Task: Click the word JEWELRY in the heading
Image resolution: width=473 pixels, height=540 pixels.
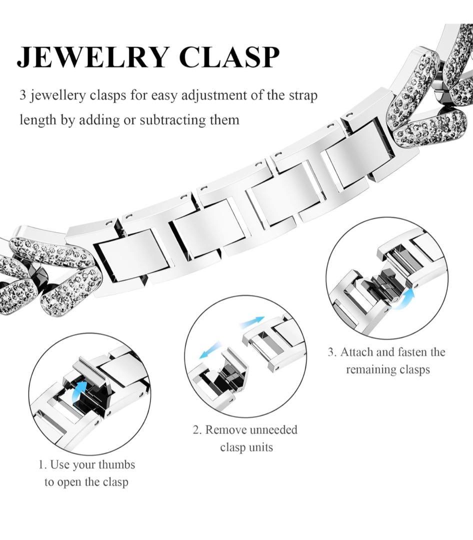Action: click(x=93, y=57)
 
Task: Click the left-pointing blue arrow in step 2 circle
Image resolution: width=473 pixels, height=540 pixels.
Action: click(x=209, y=349)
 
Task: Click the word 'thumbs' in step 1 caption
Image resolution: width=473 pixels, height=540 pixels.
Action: click(x=116, y=465)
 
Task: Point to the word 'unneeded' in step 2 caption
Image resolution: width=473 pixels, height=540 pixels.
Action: click(x=273, y=430)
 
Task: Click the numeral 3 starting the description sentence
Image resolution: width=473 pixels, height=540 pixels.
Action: click(x=22, y=94)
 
